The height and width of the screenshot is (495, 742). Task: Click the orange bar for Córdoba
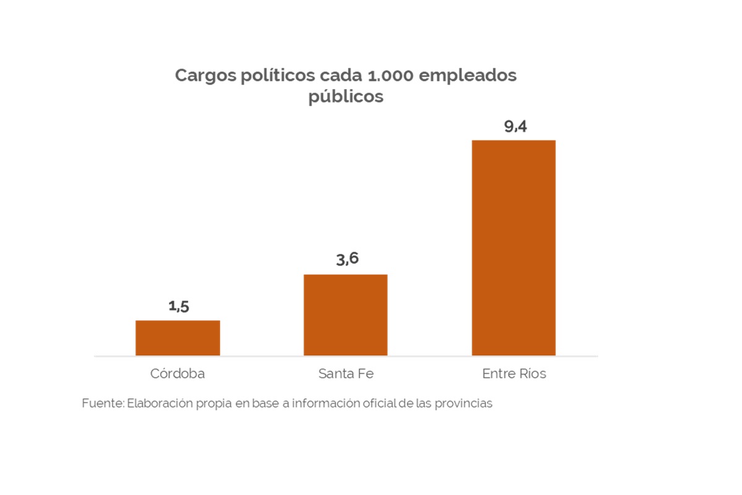coord(177,338)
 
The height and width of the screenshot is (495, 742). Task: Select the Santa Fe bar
coord(345,315)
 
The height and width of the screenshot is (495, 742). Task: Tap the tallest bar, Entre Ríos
coord(513,247)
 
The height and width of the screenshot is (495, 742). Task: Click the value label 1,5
coord(178,306)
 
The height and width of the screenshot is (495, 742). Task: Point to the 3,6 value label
coord(347,259)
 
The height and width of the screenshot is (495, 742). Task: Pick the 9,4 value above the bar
coord(515,127)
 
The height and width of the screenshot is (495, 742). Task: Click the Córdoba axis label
coord(177,374)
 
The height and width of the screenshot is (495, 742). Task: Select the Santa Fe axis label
coord(346,374)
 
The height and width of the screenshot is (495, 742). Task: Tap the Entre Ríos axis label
coord(514,374)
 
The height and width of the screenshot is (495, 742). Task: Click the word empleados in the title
coord(470,76)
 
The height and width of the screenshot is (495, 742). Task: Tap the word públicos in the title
coord(346,98)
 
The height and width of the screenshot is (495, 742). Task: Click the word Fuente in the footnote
coord(102,403)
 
